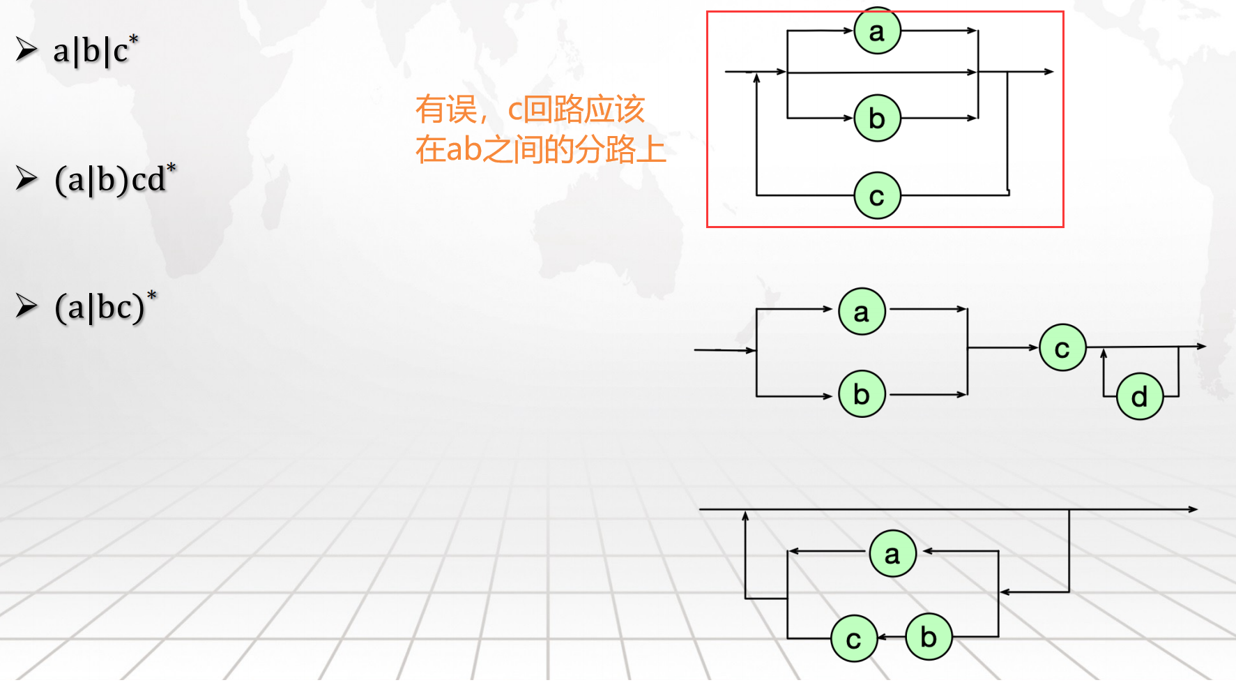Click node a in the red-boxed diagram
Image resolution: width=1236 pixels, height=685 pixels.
(877, 31)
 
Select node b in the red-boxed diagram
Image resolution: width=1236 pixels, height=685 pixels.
(877, 119)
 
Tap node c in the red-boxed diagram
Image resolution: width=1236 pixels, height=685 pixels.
(877, 196)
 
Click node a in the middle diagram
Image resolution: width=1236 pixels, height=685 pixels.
(862, 312)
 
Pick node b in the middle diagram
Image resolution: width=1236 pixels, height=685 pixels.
(862, 394)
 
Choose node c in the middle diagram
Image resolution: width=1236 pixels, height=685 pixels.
(1062, 347)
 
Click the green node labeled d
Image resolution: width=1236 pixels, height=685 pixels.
(1139, 396)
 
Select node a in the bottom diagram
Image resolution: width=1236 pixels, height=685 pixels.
(892, 554)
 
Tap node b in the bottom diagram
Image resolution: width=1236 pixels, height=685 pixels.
(929, 636)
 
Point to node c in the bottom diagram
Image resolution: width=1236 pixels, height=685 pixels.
(853, 638)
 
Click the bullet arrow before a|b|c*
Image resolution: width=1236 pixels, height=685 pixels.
(26, 50)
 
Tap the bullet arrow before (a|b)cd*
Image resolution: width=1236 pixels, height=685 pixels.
(26, 179)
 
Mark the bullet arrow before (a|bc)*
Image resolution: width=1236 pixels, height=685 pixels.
(26, 306)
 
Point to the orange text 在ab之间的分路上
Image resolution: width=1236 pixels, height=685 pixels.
(540, 149)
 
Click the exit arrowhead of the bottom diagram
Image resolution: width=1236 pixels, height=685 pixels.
(1193, 510)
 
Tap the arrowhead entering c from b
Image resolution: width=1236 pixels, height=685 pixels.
(881, 637)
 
